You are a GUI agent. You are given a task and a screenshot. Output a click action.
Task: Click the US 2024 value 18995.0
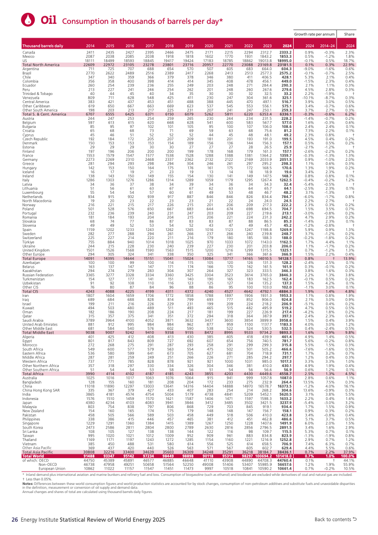(x=286, y=61)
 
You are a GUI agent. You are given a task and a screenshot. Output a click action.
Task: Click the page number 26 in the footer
(x=15, y=519)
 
